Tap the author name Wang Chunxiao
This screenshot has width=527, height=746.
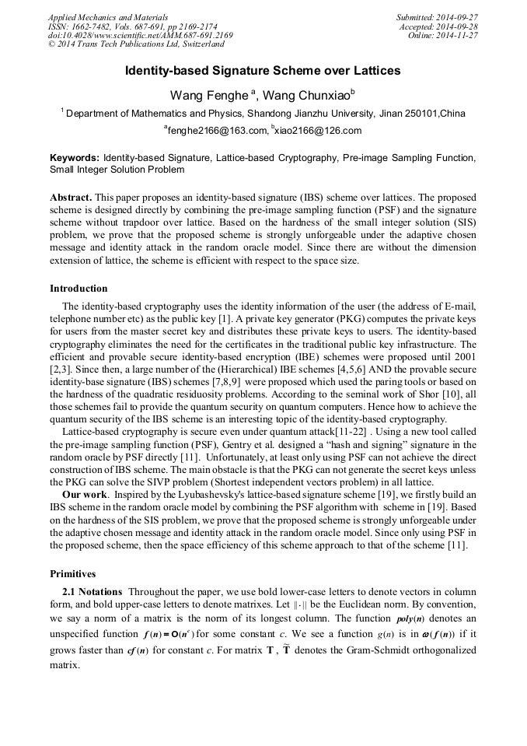(306, 96)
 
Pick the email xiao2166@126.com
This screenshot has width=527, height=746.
(317, 131)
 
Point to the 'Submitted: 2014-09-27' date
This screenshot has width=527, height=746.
(437, 17)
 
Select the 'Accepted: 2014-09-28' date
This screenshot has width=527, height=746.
(439, 26)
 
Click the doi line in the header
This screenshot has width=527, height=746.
(141, 35)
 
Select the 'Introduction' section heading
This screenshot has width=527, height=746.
(79, 289)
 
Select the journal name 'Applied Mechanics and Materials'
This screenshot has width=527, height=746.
(107, 17)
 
